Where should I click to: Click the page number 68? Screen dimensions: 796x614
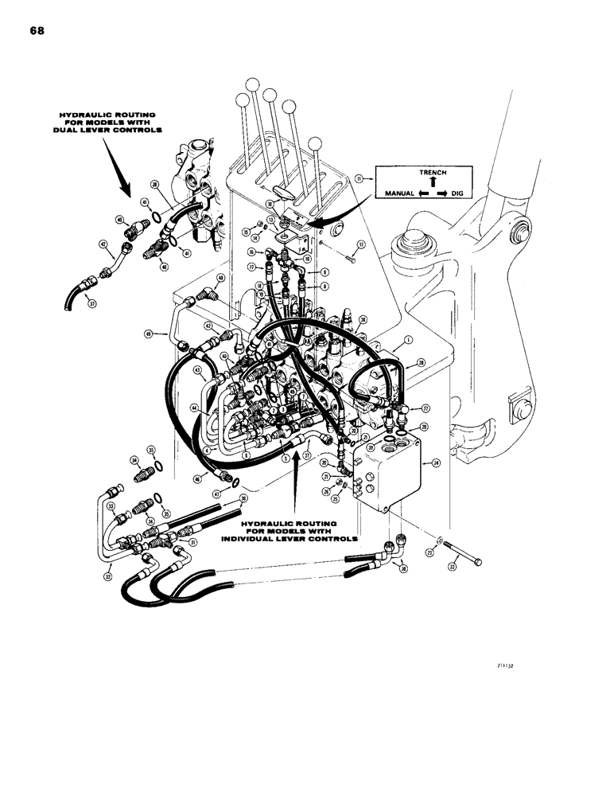tap(38, 31)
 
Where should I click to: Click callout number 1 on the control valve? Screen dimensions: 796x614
tap(408, 339)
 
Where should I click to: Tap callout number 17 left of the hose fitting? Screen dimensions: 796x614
tap(251, 267)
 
